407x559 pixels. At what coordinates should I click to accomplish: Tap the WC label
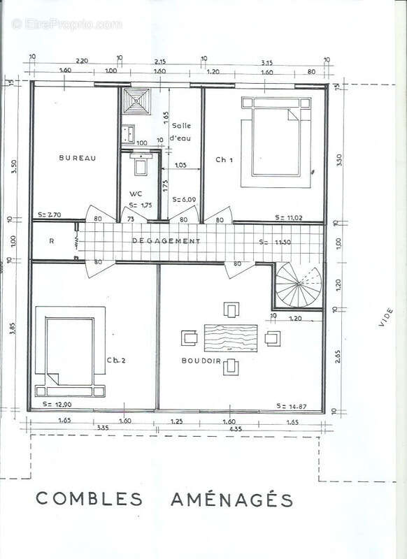[x=136, y=194]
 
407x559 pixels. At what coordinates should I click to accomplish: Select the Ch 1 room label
[x=223, y=160]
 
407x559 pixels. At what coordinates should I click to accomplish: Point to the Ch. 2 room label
[x=116, y=361]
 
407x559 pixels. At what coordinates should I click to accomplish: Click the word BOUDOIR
[x=201, y=361]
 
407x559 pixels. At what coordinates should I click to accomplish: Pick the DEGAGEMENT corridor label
[x=166, y=241]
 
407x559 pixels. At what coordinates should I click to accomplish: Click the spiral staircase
[x=298, y=286]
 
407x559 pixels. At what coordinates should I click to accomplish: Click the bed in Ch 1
[x=278, y=143]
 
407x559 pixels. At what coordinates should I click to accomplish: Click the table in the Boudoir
[x=230, y=337]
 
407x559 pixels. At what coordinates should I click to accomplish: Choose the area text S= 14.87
[x=292, y=406]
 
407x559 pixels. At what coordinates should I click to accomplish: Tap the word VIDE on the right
[x=385, y=317]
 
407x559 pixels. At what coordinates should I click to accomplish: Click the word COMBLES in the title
[x=89, y=500]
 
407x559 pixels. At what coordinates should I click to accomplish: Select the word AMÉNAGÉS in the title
[x=231, y=499]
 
